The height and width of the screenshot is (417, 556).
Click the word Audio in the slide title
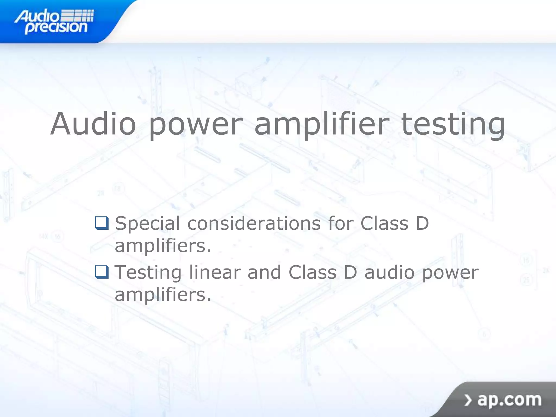[x=93, y=124]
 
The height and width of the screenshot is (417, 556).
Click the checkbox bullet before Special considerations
[x=102, y=223]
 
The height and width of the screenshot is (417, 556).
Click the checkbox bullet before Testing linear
[x=102, y=272]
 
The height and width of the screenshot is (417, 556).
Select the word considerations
[x=254, y=223]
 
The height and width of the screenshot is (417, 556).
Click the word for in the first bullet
[x=340, y=223]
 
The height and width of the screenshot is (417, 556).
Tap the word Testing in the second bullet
[x=148, y=273]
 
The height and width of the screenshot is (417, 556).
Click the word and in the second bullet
[x=264, y=272]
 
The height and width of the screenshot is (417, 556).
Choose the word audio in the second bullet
[x=390, y=272]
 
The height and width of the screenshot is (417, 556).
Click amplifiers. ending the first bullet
[x=163, y=246]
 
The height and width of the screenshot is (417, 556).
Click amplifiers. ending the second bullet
[x=163, y=295]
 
